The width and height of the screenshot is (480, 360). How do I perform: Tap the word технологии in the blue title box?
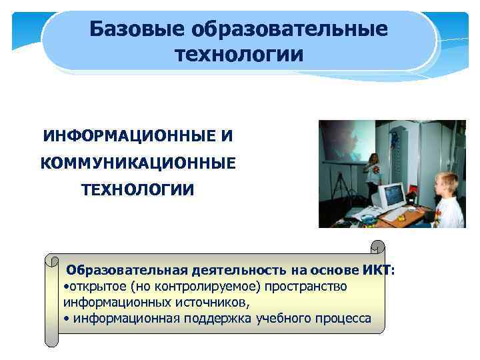point(239,54)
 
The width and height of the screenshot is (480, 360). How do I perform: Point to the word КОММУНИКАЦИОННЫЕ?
point(137,163)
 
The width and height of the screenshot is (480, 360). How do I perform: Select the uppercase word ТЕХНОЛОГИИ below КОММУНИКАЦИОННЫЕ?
point(138,190)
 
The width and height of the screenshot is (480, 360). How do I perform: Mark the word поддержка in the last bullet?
point(212,318)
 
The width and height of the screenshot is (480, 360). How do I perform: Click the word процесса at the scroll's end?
point(342,318)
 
